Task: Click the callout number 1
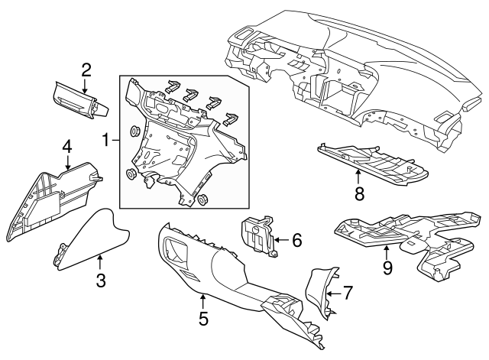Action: (x=106, y=140)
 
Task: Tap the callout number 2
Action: (x=86, y=70)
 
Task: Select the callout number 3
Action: (x=99, y=281)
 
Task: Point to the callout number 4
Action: (x=67, y=145)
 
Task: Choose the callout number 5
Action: (x=202, y=318)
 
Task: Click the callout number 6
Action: (x=296, y=240)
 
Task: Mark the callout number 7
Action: (x=347, y=292)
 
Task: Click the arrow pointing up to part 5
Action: (x=202, y=301)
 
